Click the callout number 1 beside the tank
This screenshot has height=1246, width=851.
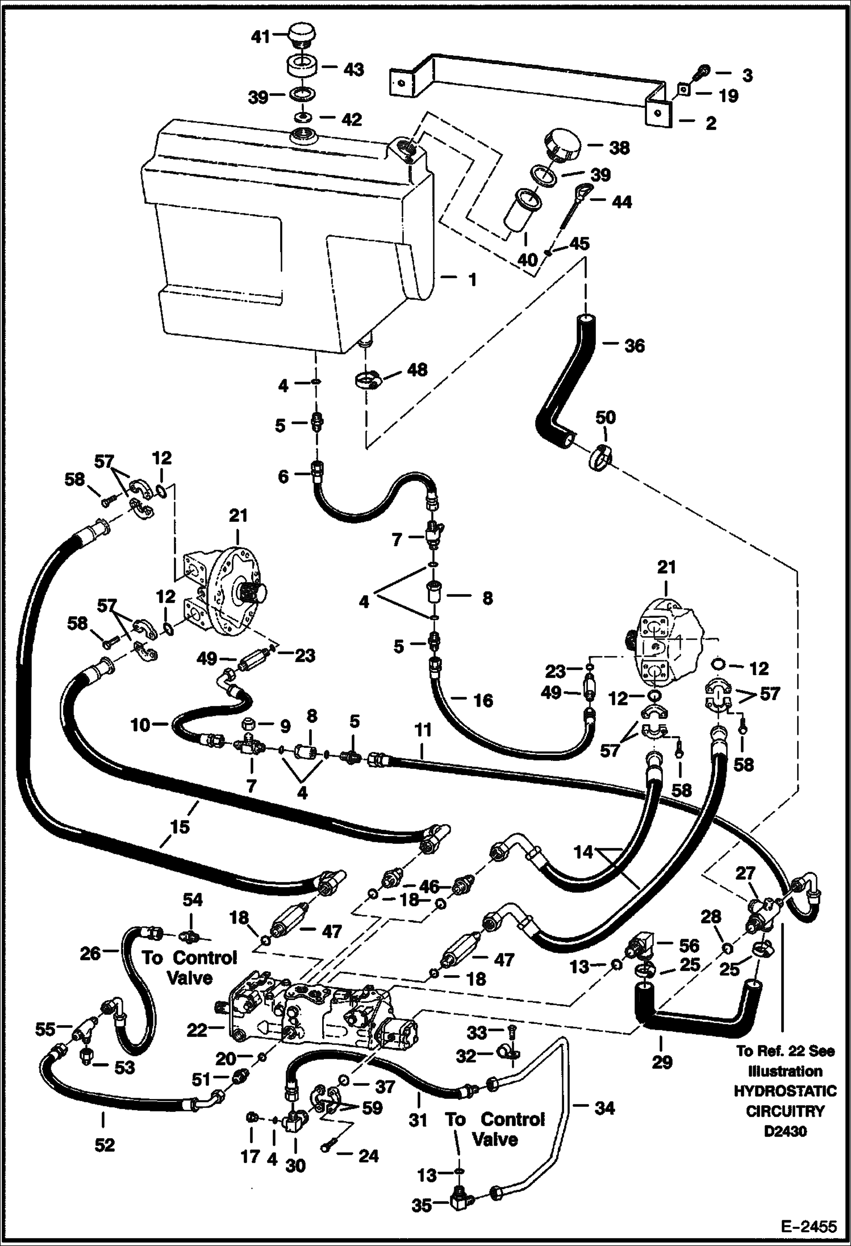472,280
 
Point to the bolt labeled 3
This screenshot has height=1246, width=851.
703,72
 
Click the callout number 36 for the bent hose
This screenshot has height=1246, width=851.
634,345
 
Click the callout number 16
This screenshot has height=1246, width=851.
483,701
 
